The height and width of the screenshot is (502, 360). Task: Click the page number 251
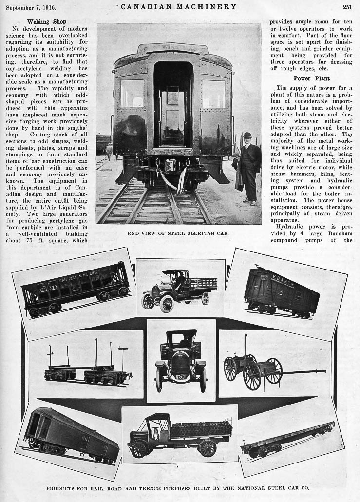(x=347, y=7)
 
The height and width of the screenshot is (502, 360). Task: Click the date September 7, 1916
(x=31, y=7)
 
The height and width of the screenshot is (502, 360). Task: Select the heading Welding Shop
(x=47, y=22)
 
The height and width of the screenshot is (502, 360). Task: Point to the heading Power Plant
(x=311, y=78)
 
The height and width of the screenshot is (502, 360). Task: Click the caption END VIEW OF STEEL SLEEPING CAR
(x=178, y=233)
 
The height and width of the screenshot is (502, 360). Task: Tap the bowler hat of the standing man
(x=247, y=135)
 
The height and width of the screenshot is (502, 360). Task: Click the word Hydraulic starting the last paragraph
(x=291, y=227)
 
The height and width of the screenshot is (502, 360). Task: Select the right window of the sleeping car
(x=214, y=94)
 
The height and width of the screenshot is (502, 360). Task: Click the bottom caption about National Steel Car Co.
(x=178, y=487)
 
